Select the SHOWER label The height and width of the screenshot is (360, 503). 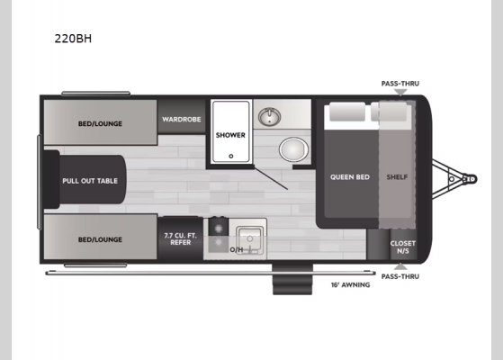coord(230,136)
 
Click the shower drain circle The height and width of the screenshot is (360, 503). coord(230,156)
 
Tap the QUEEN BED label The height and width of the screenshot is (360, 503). coord(346,176)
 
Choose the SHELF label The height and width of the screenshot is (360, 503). coord(396,176)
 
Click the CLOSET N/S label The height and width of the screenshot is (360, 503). coord(401,247)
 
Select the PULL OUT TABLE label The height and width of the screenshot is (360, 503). coord(90,181)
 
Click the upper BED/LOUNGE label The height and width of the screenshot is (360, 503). coord(100,123)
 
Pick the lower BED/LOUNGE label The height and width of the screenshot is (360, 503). coord(100,239)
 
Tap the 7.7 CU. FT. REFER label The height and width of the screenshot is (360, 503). coord(180,239)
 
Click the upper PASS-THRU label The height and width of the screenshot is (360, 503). coord(400,84)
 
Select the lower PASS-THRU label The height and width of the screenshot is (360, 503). coord(400,276)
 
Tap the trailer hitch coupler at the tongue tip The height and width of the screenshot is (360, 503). coord(469,179)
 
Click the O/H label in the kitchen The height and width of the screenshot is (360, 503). coord(237,249)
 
